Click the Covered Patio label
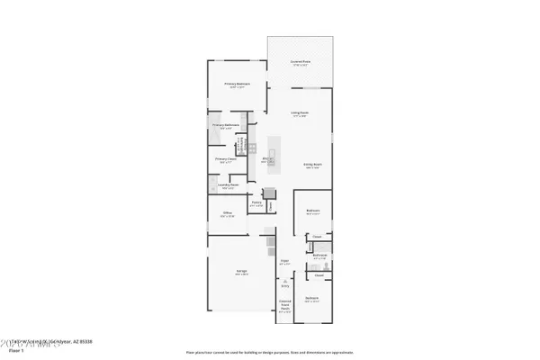[x=299, y=62]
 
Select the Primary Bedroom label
[x=236, y=84]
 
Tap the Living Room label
[x=299, y=112]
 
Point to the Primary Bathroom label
[x=223, y=125]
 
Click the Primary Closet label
[x=225, y=159]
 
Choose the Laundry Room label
[x=226, y=185]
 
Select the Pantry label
[x=256, y=203]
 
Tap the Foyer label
[x=284, y=262]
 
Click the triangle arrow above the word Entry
[x=284, y=280]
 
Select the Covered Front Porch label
[x=284, y=304]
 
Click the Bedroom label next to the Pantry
[x=312, y=212]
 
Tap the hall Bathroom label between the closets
[x=319, y=256]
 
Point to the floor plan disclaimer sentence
[x=269, y=352]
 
